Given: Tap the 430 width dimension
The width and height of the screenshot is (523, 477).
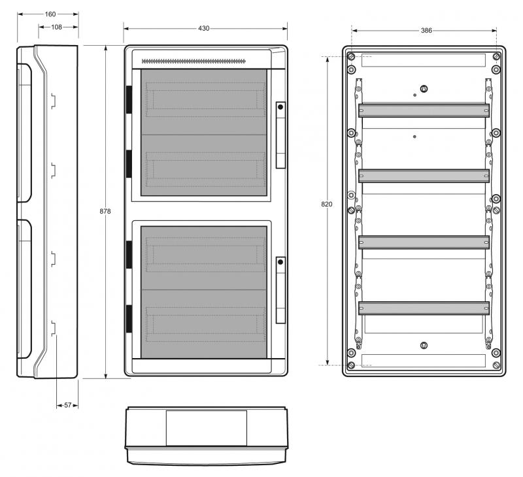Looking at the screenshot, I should point(204,28).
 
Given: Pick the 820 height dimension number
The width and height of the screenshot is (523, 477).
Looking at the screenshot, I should point(327,205).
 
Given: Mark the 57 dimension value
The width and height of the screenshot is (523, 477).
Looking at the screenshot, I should point(67,405).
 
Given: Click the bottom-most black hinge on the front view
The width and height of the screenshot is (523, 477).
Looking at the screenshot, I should point(129,318).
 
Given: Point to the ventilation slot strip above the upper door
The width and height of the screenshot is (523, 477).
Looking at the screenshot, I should point(194,61).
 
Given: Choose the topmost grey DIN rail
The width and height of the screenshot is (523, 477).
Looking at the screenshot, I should point(424,110).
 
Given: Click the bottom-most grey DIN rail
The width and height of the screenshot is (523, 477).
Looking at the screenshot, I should point(424,308).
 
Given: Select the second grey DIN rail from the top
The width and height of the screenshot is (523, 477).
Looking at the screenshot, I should point(424,176).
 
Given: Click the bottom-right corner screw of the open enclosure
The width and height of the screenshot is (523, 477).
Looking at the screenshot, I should point(496,365).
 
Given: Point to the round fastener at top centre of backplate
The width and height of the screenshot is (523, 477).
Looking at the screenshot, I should point(424,89).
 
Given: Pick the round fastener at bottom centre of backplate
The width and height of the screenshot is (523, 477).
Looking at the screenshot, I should point(424,345).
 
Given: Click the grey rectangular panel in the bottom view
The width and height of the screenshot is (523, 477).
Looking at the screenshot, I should point(206,427).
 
